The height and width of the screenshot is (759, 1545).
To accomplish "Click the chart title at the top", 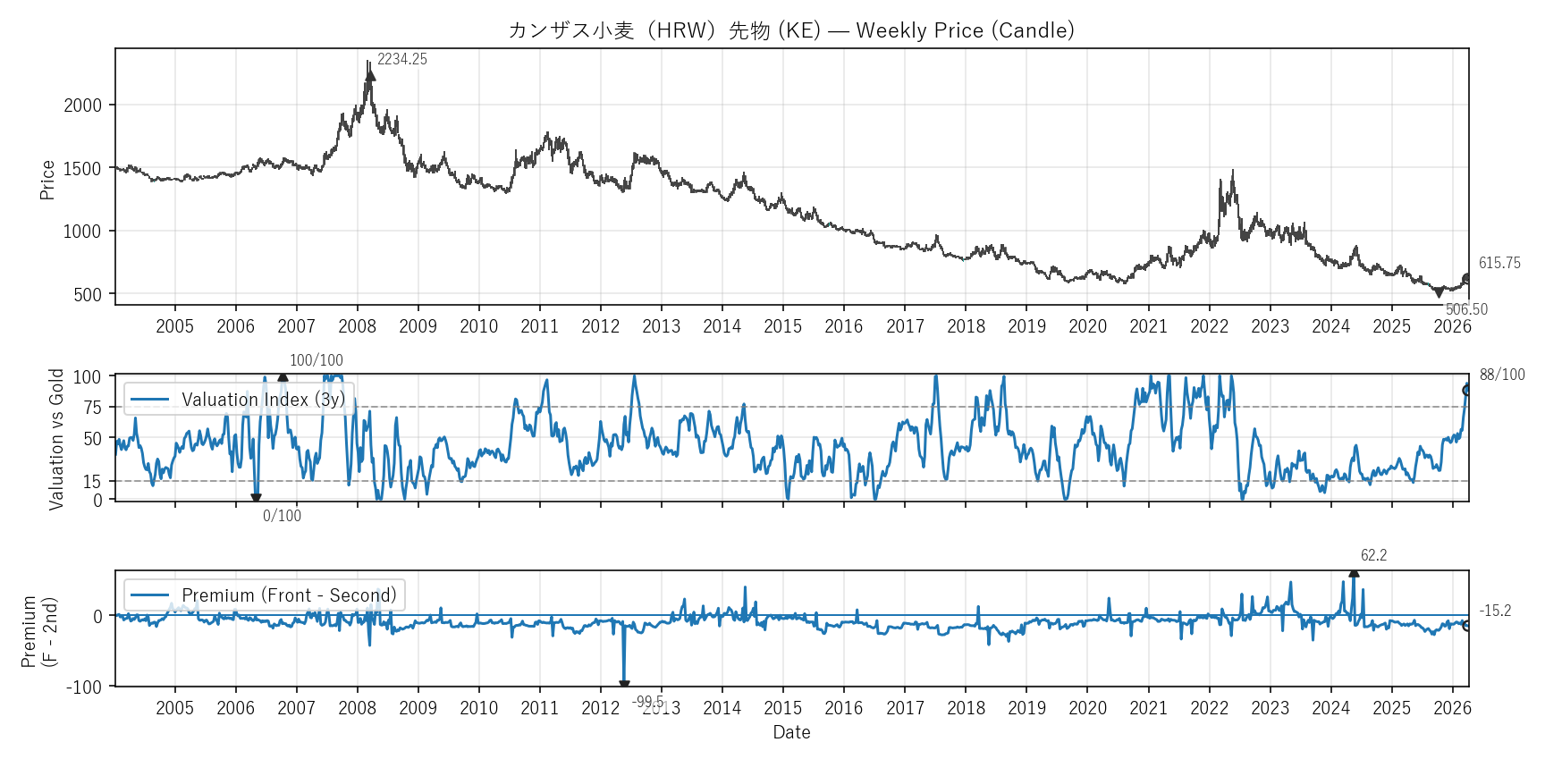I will point(791,30).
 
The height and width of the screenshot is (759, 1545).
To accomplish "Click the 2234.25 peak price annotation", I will point(401,60).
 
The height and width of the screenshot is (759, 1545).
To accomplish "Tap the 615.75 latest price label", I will point(1499,263).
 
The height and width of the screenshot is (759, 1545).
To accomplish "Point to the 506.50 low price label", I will point(1466,309).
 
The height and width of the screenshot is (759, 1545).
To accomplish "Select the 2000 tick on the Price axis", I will point(82,105).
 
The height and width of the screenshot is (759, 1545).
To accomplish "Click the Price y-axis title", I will point(47,180).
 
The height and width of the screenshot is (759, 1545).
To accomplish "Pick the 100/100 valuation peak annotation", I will point(316,360).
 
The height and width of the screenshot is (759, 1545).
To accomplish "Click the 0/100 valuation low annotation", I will point(282,516).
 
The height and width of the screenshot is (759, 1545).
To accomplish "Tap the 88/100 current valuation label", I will point(1502,375).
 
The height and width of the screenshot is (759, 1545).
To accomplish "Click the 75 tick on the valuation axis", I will point(92,408).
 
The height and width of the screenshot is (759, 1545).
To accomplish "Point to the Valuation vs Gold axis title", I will point(56,439).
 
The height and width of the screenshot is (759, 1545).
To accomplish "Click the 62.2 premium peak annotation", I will point(1373,555).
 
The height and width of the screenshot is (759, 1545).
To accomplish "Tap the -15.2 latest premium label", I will point(1495,611).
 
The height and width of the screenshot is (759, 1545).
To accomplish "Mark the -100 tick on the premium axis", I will point(84,687).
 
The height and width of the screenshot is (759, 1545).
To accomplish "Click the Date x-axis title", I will point(791,732).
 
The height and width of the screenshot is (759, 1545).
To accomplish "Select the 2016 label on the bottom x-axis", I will point(844,708).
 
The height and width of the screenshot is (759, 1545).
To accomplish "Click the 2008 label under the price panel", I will point(357,326).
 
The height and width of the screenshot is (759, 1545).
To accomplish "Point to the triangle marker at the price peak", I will point(370,76).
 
